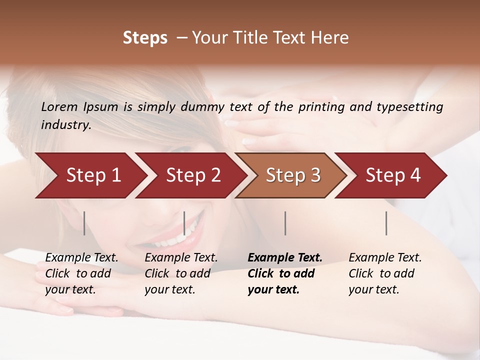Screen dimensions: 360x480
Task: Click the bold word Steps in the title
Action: pos(145,38)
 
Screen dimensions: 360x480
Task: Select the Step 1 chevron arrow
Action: pos(90,175)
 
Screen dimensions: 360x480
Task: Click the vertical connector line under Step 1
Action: pos(84,223)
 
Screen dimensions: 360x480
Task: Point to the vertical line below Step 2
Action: pos(184,223)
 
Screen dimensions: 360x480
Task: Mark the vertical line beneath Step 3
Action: pos(285,223)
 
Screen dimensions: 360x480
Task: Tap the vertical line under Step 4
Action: pos(386,223)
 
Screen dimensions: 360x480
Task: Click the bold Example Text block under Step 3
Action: pos(285,273)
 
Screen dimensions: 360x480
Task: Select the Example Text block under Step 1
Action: pos(81,273)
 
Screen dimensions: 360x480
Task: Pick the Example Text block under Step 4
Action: pos(385,273)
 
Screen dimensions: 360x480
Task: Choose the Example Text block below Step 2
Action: pos(181,273)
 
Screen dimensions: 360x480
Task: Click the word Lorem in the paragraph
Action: pos(59,107)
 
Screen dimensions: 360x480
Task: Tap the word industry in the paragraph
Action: pos(66,125)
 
